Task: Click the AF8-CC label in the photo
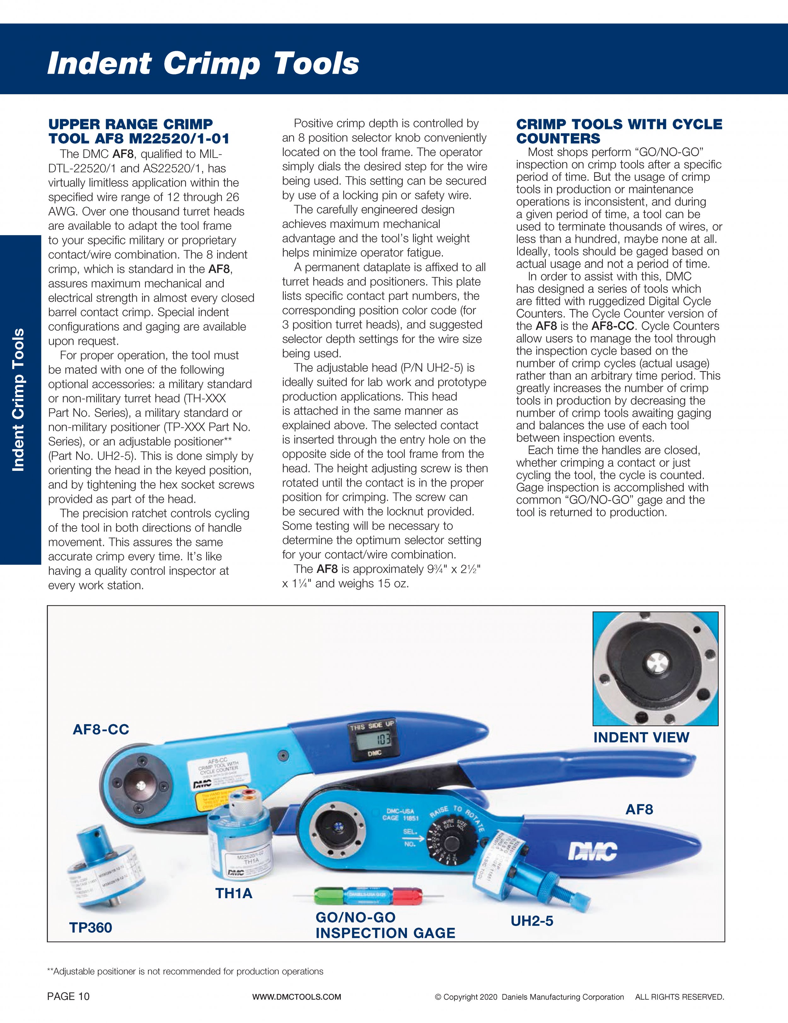point(101,729)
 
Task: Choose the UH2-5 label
point(532,921)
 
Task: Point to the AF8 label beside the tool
point(639,809)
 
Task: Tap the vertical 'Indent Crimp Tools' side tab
point(19,399)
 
